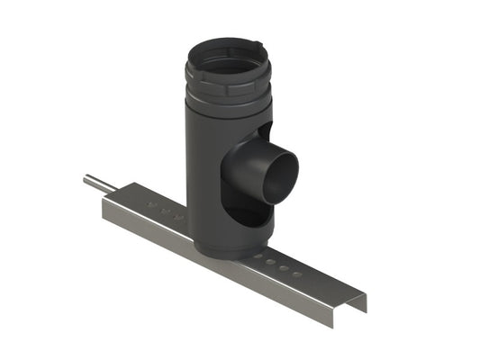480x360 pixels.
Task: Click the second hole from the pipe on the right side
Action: tap(272, 263)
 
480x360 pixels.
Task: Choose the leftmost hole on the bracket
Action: tap(152, 207)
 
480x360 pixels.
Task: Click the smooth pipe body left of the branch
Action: tap(203, 162)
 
